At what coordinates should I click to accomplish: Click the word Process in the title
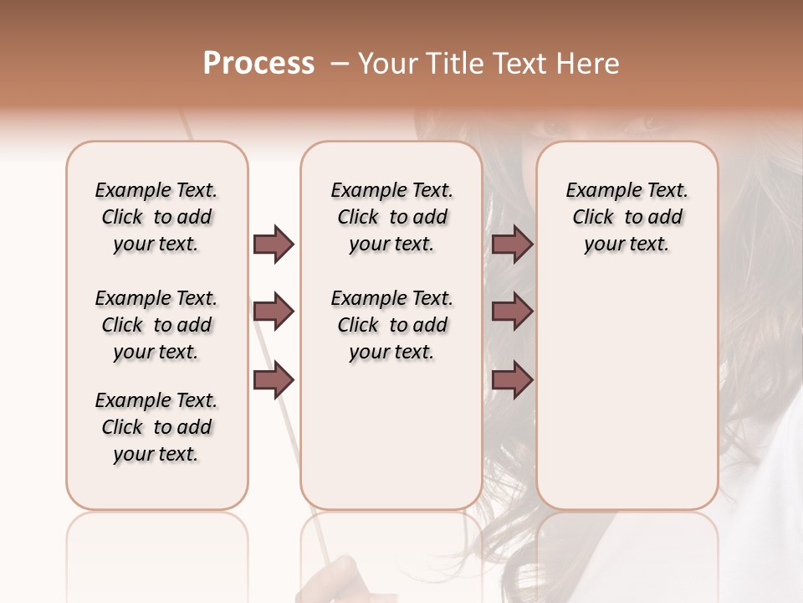click(258, 64)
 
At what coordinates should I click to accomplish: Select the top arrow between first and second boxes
click(274, 244)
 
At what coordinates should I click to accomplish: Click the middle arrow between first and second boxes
click(274, 312)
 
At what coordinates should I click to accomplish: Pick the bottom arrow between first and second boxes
click(274, 380)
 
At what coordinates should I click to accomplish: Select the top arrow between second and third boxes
click(512, 244)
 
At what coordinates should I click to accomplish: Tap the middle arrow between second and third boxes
click(512, 312)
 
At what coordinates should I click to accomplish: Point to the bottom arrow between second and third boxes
click(512, 380)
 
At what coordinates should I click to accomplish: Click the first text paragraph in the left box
click(156, 217)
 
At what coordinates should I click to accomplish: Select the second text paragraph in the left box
click(156, 325)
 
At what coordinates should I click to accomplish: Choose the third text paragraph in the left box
click(156, 427)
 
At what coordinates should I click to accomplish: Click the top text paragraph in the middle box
click(391, 217)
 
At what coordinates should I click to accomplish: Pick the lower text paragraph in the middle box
click(391, 325)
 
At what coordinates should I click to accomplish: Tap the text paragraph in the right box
click(627, 217)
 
